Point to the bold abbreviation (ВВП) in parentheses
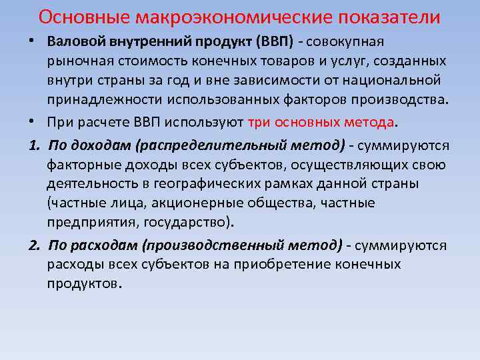pyautogui.click(x=274, y=41)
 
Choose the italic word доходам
pyautogui.click(x=93, y=145)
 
